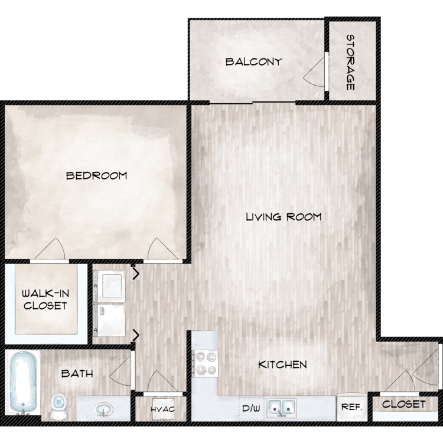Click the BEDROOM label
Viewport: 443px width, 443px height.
pyautogui.click(x=97, y=176)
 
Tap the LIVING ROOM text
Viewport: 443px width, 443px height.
pyautogui.click(x=284, y=217)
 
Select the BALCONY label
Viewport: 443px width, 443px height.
pyautogui.click(x=254, y=61)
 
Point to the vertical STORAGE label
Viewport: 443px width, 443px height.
pyautogui.click(x=350, y=62)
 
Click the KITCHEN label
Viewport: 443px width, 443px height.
pyautogui.click(x=282, y=364)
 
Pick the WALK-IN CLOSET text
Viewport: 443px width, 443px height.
pyautogui.click(x=45, y=299)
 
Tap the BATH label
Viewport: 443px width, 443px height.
pyautogui.click(x=77, y=373)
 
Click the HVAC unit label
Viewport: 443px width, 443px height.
pyautogui.click(x=162, y=409)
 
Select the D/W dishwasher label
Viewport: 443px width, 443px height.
pyautogui.click(x=251, y=408)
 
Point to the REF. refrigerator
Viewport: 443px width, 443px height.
pyautogui.click(x=352, y=407)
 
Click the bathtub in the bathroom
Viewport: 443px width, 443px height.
pyautogui.click(x=23, y=383)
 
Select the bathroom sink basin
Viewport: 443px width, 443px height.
pyautogui.click(x=103, y=409)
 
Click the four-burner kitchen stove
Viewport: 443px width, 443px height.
pyautogui.click(x=205, y=363)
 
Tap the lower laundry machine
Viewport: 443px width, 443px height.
pyautogui.click(x=109, y=320)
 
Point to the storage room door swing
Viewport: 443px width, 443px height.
pyautogui.click(x=314, y=72)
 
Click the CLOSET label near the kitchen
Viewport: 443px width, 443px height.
pyautogui.click(x=404, y=404)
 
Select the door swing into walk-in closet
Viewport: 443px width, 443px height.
pyautogui.click(x=50, y=249)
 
